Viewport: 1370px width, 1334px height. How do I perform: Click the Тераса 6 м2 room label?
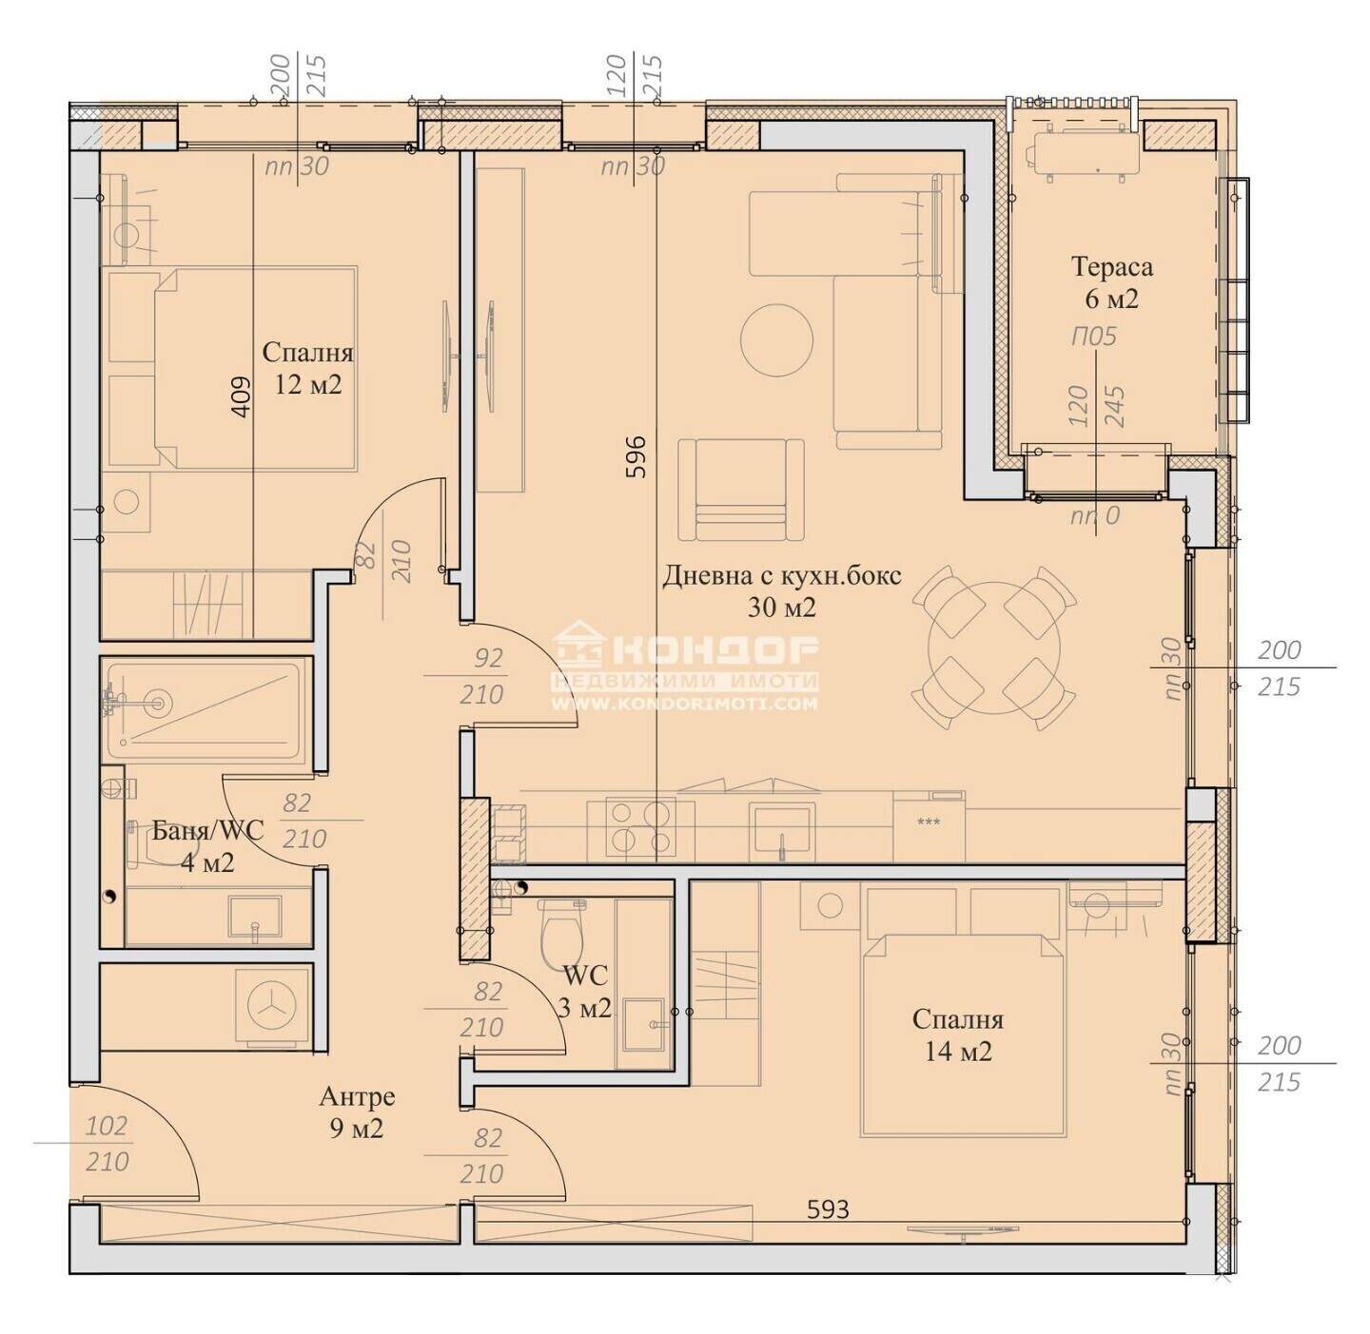tap(1111, 282)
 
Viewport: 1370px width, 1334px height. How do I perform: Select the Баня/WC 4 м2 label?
tap(207, 845)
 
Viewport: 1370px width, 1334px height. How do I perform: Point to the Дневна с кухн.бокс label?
tap(781, 576)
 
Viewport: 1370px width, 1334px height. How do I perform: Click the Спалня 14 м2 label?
tap(958, 1035)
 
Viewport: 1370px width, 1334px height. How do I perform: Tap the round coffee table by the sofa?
tap(777, 340)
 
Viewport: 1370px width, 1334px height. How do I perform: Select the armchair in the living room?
tap(740, 490)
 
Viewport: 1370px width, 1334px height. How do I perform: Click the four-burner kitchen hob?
tap(640, 826)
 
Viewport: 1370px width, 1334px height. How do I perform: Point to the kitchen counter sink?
tap(781, 829)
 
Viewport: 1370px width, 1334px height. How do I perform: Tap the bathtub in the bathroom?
tap(205, 708)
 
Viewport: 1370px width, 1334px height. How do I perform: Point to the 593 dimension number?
tap(828, 1209)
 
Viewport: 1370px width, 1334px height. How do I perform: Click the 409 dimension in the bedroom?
tap(241, 398)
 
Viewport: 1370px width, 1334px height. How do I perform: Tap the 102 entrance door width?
tap(107, 1126)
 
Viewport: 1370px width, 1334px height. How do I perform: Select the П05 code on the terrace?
tap(1094, 337)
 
